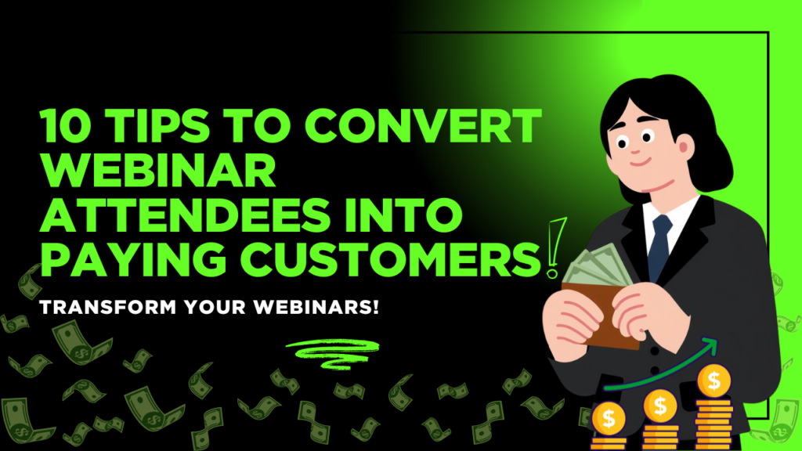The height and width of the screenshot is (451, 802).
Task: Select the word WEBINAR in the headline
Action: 157,170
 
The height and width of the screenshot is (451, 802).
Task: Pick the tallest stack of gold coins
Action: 713,399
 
